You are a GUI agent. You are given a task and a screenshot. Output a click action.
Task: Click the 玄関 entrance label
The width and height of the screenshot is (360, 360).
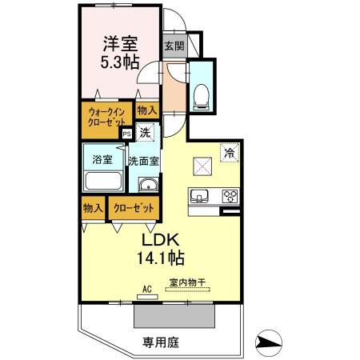pos(174,46)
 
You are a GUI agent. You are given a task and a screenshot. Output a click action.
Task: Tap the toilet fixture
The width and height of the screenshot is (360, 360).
pos(201,92)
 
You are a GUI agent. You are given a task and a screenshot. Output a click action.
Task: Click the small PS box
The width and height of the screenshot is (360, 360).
pos(127,134)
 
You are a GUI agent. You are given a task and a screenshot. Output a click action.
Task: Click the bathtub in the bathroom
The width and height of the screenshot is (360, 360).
pos(103,181)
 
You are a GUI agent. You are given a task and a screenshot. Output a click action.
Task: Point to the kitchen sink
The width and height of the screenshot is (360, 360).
pos(199,194)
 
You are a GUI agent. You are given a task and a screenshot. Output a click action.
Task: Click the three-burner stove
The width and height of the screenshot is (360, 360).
pos(230,194)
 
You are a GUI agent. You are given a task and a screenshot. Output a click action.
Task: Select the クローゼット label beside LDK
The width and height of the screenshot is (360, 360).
pos(133,208)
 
